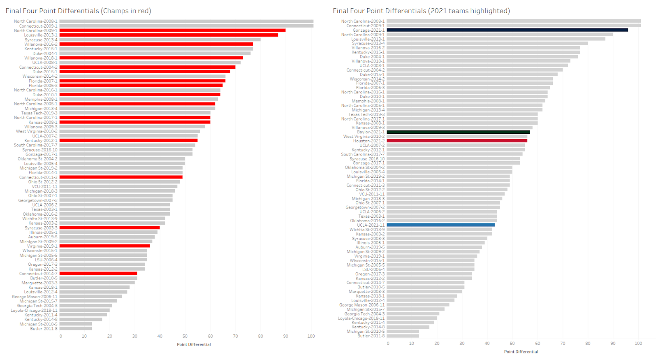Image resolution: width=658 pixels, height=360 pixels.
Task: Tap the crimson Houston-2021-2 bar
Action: (x=457, y=141)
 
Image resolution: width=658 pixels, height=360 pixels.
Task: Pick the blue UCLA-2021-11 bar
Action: (x=440, y=225)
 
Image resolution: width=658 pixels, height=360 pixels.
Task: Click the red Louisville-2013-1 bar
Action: (x=169, y=35)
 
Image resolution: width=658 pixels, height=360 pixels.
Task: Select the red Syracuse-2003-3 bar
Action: (x=109, y=228)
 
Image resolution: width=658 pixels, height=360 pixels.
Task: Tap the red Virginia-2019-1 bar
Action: (x=104, y=246)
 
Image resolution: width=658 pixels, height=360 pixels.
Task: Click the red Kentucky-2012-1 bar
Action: (x=128, y=140)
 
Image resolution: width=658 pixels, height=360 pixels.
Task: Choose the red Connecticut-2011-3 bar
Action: (x=121, y=177)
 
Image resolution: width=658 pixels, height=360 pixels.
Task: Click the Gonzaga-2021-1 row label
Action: (x=369, y=30)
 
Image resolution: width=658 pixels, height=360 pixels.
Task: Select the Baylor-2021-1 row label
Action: (x=371, y=132)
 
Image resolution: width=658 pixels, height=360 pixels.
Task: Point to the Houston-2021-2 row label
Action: (x=369, y=141)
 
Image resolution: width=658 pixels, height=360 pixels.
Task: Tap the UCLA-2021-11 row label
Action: (x=371, y=225)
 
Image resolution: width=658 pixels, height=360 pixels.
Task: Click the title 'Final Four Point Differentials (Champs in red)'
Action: (x=78, y=11)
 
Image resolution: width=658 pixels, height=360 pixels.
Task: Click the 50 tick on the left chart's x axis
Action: (x=185, y=336)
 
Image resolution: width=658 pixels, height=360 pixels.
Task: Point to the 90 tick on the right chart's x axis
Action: (x=613, y=343)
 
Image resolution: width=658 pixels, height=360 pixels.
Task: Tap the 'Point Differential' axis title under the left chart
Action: (x=194, y=344)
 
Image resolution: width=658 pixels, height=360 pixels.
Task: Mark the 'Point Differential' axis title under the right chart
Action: (x=521, y=352)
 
